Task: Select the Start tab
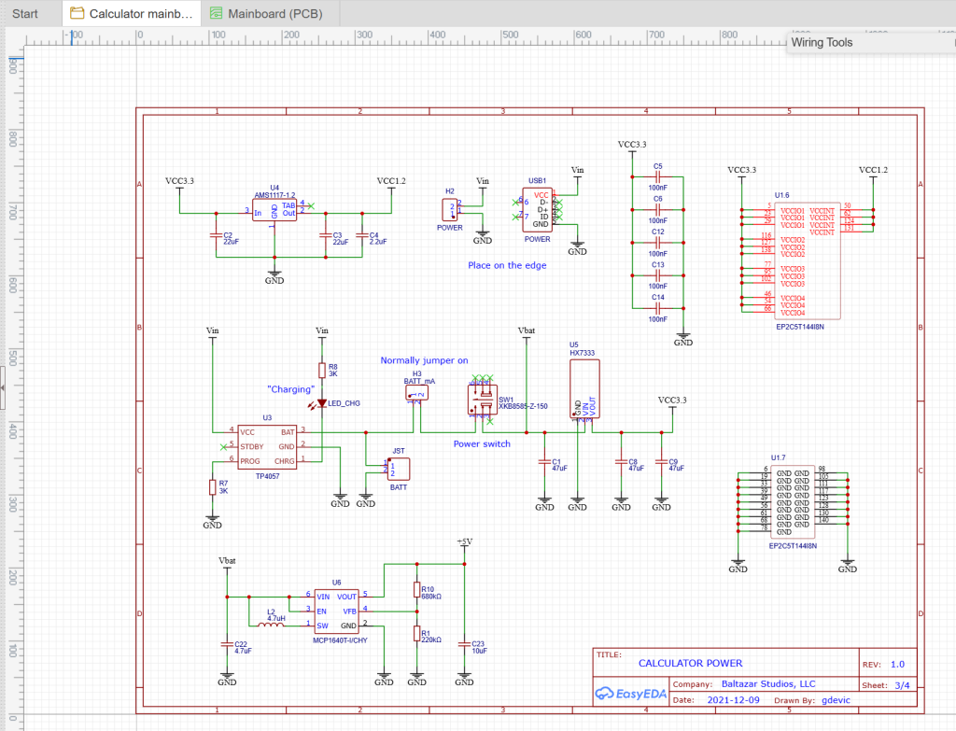pyautogui.click(x=25, y=13)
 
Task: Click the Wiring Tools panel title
pyautogui.click(x=822, y=42)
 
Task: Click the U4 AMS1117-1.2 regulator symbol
pyautogui.click(x=274, y=212)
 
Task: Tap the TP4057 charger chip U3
pyautogui.click(x=267, y=446)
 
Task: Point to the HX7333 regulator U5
pyautogui.click(x=584, y=388)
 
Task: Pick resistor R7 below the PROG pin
pyautogui.click(x=213, y=486)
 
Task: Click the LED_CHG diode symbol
pyautogui.click(x=322, y=403)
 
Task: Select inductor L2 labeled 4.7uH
pyautogui.click(x=271, y=625)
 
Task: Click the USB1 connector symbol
pyautogui.click(x=541, y=210)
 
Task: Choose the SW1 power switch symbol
pyautogui.click(x=481, y=400)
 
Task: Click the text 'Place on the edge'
pyautogui.click(x=507, y=265)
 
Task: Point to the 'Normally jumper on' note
pyautogui.click(x=424, y=360)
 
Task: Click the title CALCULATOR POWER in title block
pyautogui.click(x=690, y=663)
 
